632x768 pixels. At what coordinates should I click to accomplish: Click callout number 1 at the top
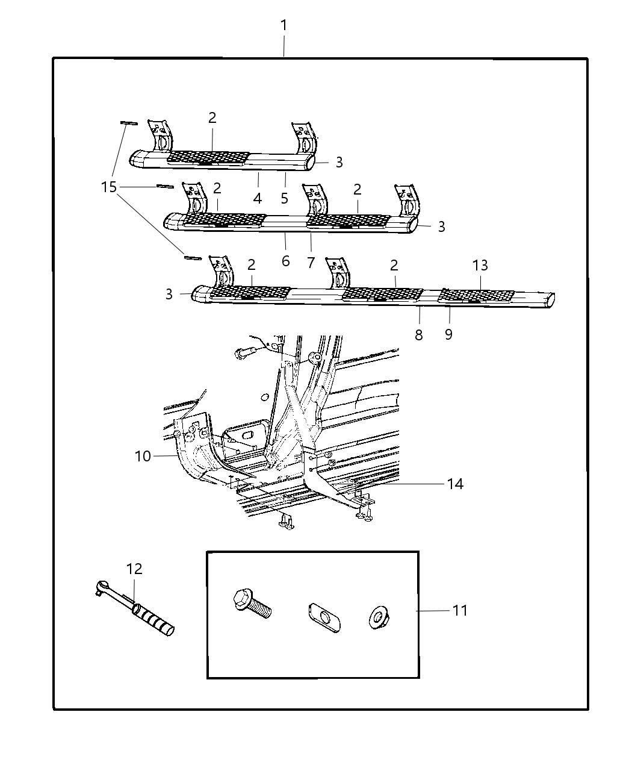coord(283,26)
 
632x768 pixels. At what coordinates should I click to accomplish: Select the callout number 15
coord(108,187)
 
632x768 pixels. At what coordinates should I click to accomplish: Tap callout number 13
coord(480,265)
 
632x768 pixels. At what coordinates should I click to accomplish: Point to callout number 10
coord(143,456)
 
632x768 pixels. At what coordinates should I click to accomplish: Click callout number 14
coord(455,483)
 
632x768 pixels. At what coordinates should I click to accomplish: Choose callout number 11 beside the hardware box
coord(460,610)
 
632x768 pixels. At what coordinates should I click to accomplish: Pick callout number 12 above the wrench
coord(134,569)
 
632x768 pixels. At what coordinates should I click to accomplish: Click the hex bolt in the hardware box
coord(252,604)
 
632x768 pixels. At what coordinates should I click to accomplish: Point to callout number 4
coord(258,198)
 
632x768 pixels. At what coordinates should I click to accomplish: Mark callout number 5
coord(285,198)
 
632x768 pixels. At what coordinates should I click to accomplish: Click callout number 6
coord(285,261)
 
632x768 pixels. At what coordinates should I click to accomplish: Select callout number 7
coord(311,262)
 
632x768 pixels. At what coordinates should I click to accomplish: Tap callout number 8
coord(419,334)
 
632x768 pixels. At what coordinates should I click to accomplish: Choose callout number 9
coord(448,333)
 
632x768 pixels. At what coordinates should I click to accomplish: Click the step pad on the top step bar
coord(208,158)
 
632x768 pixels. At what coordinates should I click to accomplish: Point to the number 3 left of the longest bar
coord(169,294)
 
